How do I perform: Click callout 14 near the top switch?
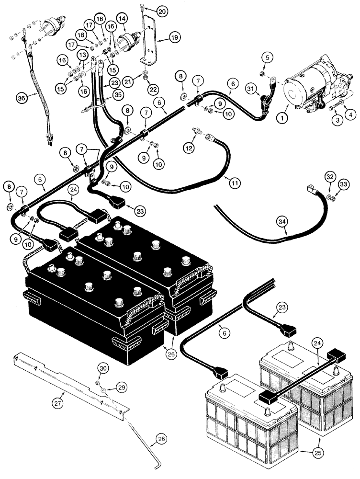pos(122,18)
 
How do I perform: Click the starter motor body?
pos(306,91)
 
